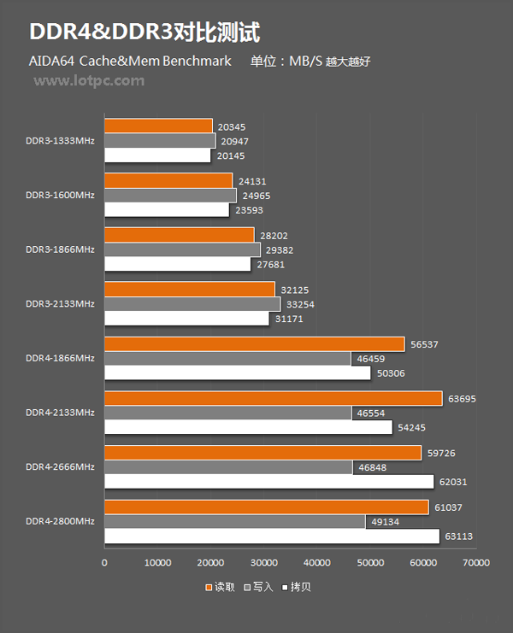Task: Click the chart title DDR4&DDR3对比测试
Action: click(144, 32)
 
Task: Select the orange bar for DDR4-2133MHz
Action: click(273, 398)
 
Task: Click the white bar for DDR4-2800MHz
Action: click(271, 536)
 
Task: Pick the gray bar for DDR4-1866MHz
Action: click(227, 358)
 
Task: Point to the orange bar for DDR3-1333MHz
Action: click(158, 126)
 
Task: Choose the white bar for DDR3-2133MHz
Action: click(186, 319)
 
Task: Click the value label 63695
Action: click(462, 398)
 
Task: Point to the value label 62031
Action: click(453, 482)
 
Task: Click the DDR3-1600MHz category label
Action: click(60, 195)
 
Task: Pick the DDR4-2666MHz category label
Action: click(60, 466)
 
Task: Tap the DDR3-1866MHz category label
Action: click(60, 249)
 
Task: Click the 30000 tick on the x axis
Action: click(263, 563)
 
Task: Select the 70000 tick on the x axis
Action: click(475, 563)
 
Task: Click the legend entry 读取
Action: click(221, 587)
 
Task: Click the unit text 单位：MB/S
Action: click(286, 62)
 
